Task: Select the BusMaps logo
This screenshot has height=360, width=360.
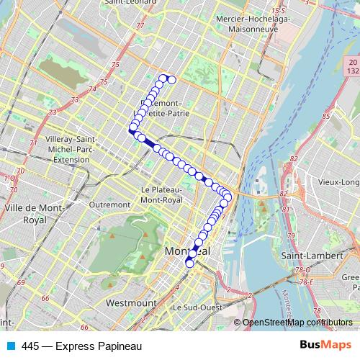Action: click(325, 346)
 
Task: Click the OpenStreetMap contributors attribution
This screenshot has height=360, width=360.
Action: click(297, 323)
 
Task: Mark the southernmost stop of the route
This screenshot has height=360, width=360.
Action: click(190, 264)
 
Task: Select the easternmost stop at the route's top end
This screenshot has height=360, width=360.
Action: click(172, 79)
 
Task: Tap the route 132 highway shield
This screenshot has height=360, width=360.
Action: click(353, 71)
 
